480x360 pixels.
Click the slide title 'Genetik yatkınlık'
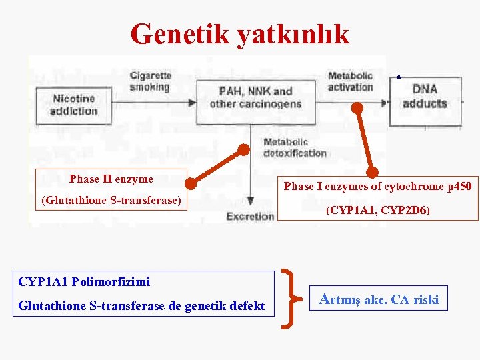240,34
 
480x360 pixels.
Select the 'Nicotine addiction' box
74,105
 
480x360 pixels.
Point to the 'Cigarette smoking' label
150,81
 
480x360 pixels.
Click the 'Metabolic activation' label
350,81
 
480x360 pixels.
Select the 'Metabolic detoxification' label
295,147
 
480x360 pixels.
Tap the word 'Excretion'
250,216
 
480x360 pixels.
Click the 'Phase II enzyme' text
111,179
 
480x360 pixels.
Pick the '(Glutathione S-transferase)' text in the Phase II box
111,199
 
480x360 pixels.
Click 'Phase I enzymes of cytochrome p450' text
377,187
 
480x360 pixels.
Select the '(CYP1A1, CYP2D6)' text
377,211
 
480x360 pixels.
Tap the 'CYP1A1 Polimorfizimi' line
84,281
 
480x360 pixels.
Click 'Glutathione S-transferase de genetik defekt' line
141,306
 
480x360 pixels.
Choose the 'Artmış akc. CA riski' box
379,299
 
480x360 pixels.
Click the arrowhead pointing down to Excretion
250,201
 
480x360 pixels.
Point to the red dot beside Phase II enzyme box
191,180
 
